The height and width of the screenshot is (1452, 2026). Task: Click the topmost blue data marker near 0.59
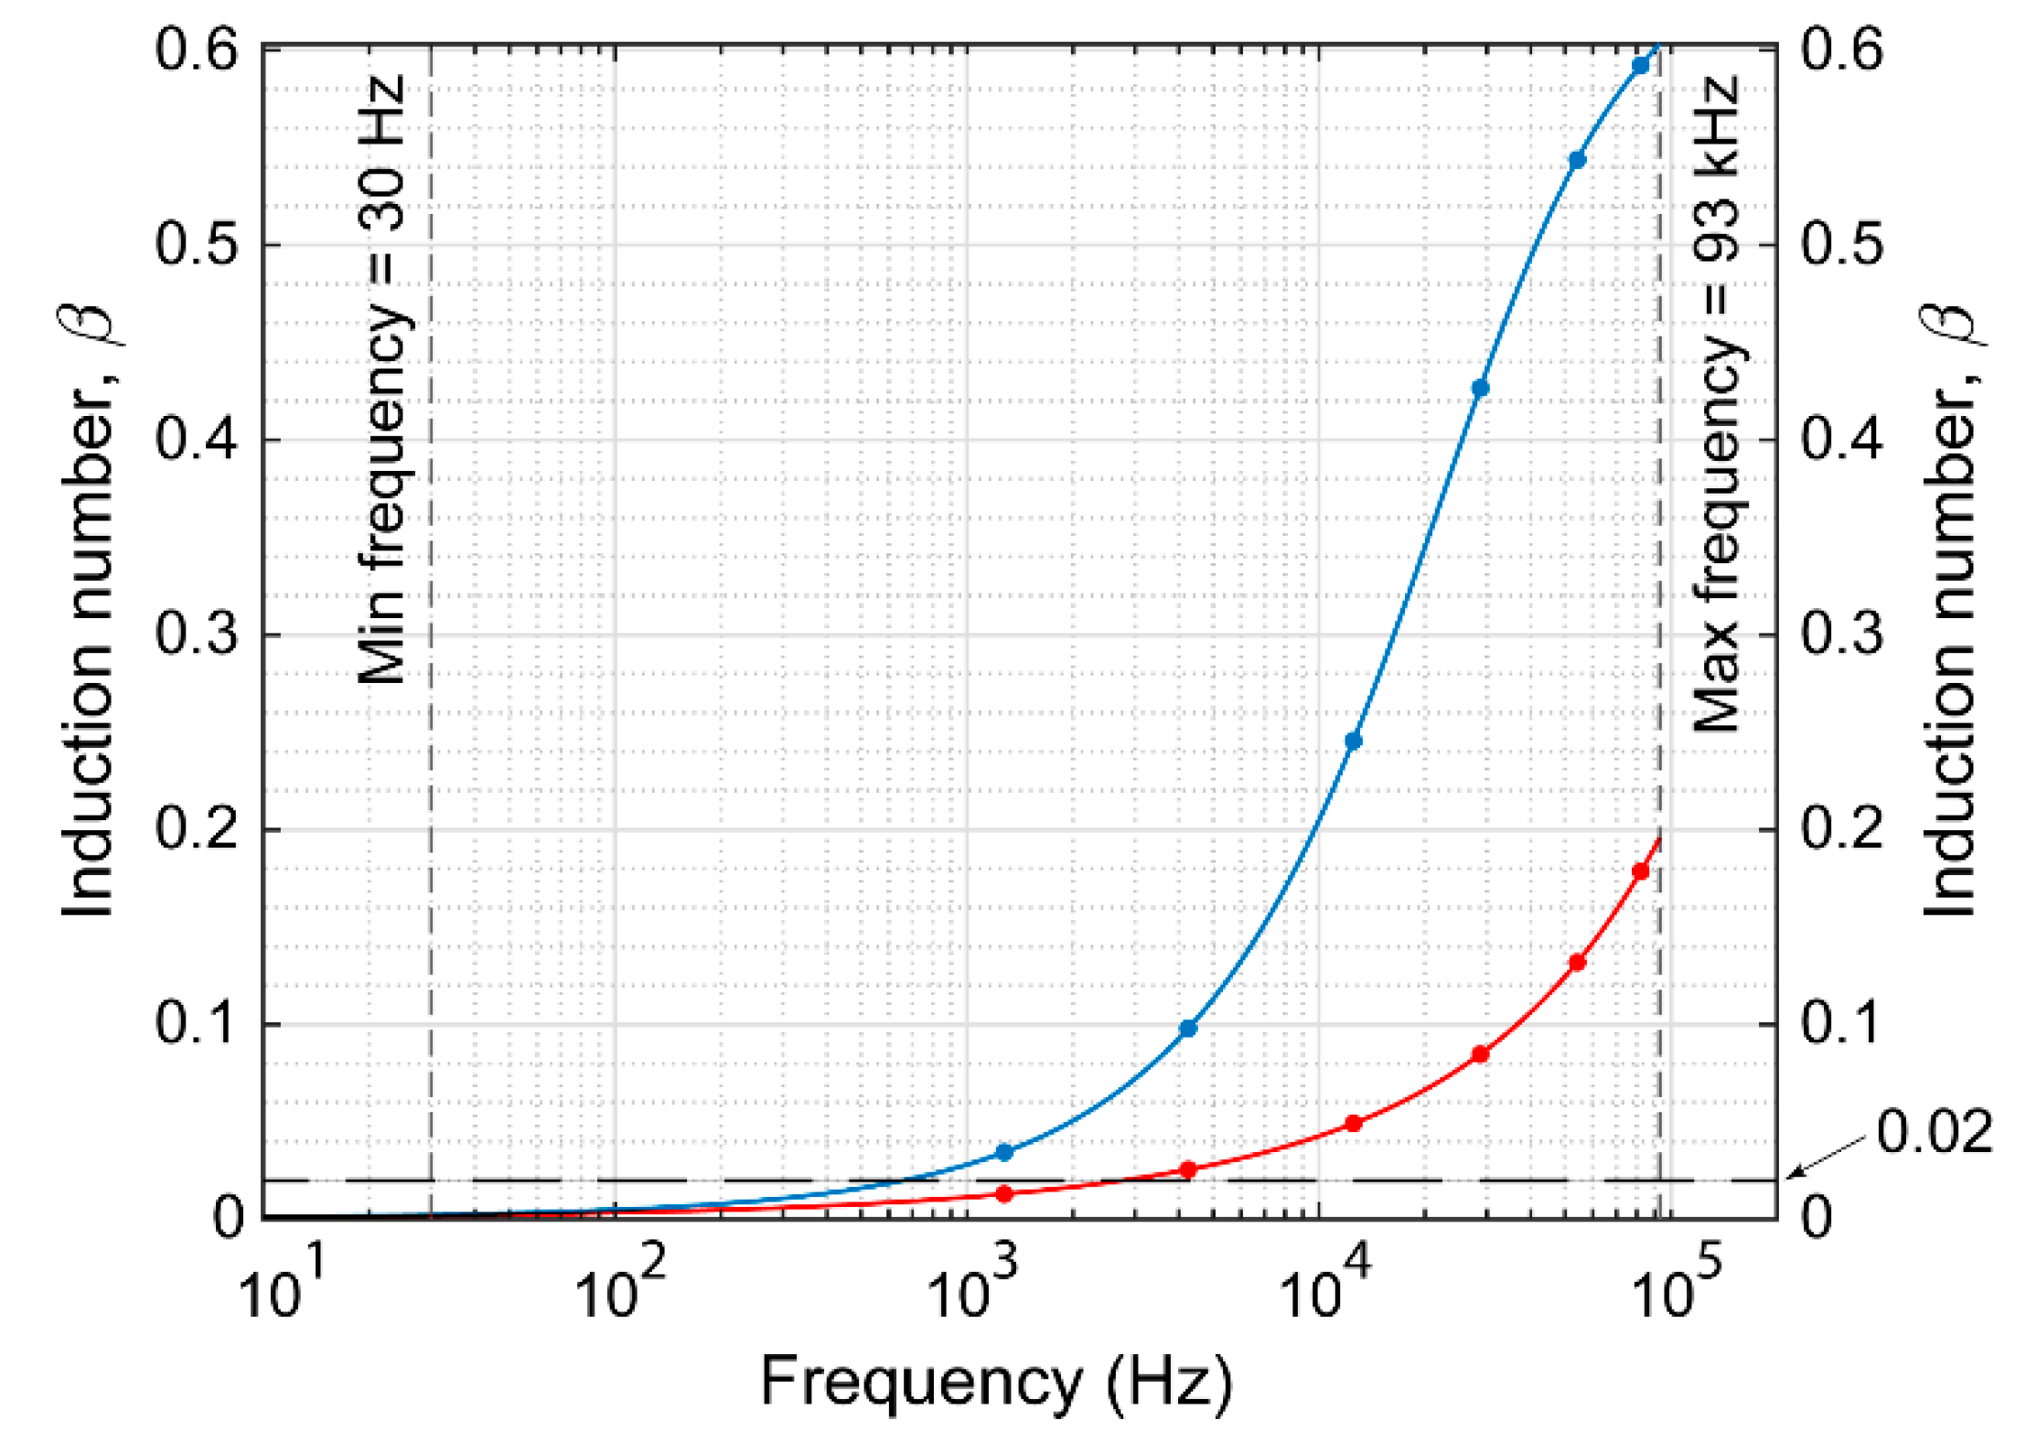1640,66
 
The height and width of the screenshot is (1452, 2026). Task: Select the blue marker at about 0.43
1480,388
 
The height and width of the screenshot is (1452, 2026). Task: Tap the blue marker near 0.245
1354,741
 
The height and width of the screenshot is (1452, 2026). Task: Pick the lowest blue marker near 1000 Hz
1004,1152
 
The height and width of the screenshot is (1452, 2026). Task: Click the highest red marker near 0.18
1640,871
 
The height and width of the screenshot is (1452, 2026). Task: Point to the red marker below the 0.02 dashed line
1004,1193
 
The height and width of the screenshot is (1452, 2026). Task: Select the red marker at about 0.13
1577,963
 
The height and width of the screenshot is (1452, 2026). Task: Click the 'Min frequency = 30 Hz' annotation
381,379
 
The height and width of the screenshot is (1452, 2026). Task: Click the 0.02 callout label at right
1934,1132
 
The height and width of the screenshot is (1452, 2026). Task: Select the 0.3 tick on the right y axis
1841,634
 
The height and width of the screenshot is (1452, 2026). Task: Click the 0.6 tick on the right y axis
1841,49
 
